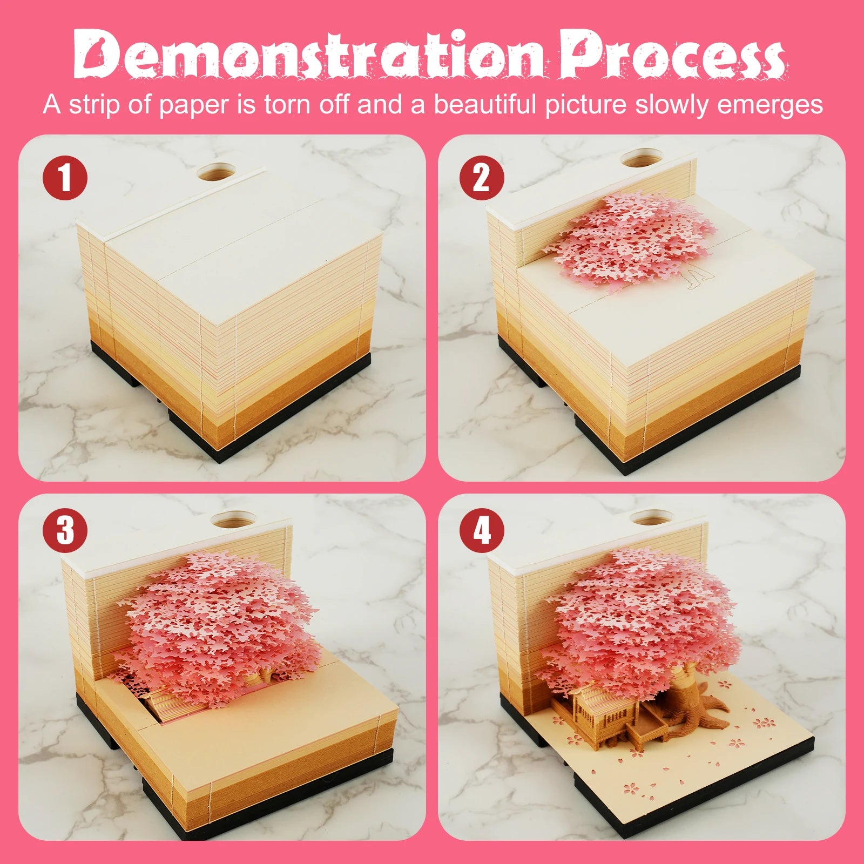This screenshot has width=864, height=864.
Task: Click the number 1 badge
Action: [x=65, y=178]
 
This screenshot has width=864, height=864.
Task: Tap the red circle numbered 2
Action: [x=482, y=178]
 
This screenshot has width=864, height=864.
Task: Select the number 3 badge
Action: [x=65, y=530]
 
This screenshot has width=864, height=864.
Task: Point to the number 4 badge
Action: [x=482, y=530]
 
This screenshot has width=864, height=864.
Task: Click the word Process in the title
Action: [x=672, y=54]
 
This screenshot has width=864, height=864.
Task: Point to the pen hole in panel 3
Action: [x=231, y=519]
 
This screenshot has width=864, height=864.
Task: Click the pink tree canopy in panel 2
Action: [x=629, y=240]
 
